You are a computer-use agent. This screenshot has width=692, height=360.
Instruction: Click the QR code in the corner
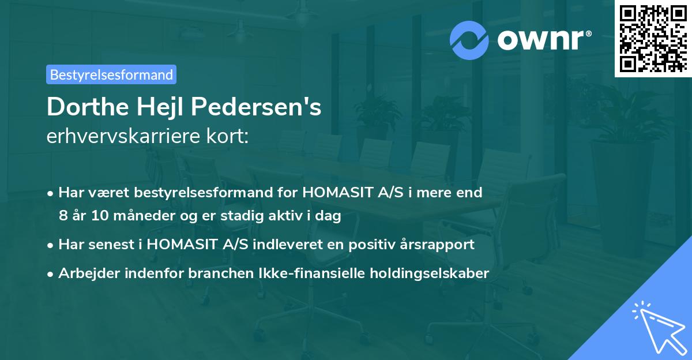click(653, 38)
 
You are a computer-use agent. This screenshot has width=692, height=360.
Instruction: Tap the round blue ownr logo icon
click(470, 39)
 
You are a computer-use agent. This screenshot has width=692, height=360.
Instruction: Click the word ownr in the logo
click(541, 39)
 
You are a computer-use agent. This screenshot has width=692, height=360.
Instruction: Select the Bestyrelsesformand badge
click(111, 74)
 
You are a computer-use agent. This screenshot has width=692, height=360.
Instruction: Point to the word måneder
click(138, 216)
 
